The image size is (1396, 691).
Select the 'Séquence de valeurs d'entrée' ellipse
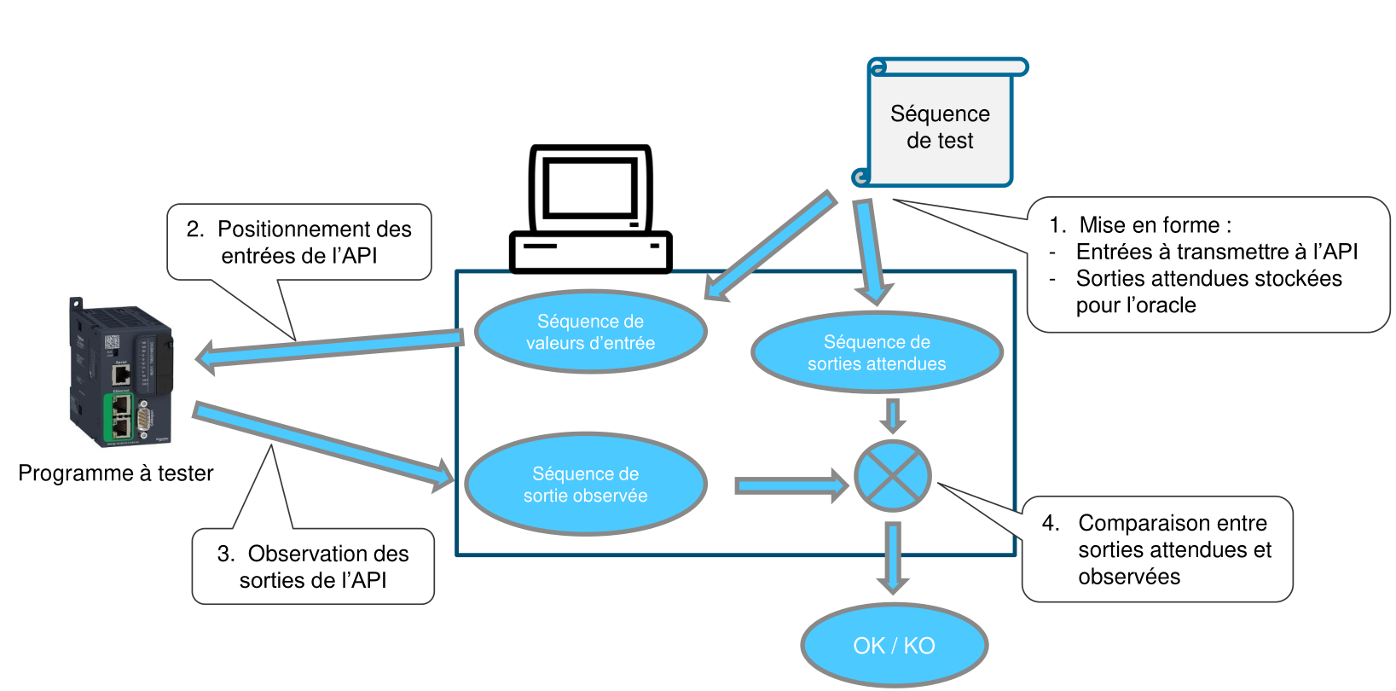pos(590,332)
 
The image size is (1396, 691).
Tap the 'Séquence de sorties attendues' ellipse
pos(877,352)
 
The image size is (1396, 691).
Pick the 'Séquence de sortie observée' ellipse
pos(585,485)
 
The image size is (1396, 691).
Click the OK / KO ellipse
pos(894,645)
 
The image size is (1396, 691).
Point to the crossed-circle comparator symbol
pos(892,476)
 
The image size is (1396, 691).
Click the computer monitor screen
pos(590,188)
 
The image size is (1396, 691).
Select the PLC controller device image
pos(122,373)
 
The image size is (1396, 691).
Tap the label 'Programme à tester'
pos(116,473)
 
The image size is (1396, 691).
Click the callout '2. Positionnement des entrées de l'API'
pos(299,242)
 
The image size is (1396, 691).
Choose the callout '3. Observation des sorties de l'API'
pos(313,566)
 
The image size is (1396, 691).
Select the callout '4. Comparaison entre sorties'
pos(1158,549)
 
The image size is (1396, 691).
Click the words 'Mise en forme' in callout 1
pos(1150,225)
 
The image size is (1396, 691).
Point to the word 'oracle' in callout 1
pos(1169,305)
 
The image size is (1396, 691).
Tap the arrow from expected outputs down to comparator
pos(892,415)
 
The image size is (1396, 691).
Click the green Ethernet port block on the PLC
pos(119,415)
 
